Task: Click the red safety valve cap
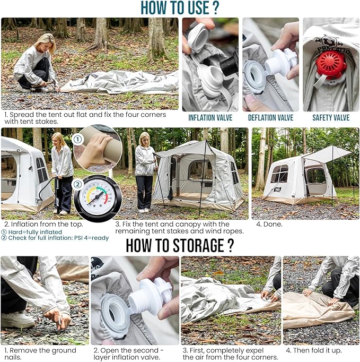click(331, 64)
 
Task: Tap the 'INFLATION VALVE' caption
click(210, 118)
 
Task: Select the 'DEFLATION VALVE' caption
click(270, 118)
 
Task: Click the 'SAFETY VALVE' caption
click(331, 118)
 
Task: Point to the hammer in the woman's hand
click(48, 83)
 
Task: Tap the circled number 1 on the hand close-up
click(77, 140)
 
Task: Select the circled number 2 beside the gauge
click(77, 184)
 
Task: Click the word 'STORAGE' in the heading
click(198, 245)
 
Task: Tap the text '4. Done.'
click(269, 224)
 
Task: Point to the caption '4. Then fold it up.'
click(314, 350)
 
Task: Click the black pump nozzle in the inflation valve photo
click(229, 63)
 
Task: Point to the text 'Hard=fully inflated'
click(35, 232)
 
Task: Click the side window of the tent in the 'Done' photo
click(279, 174)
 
